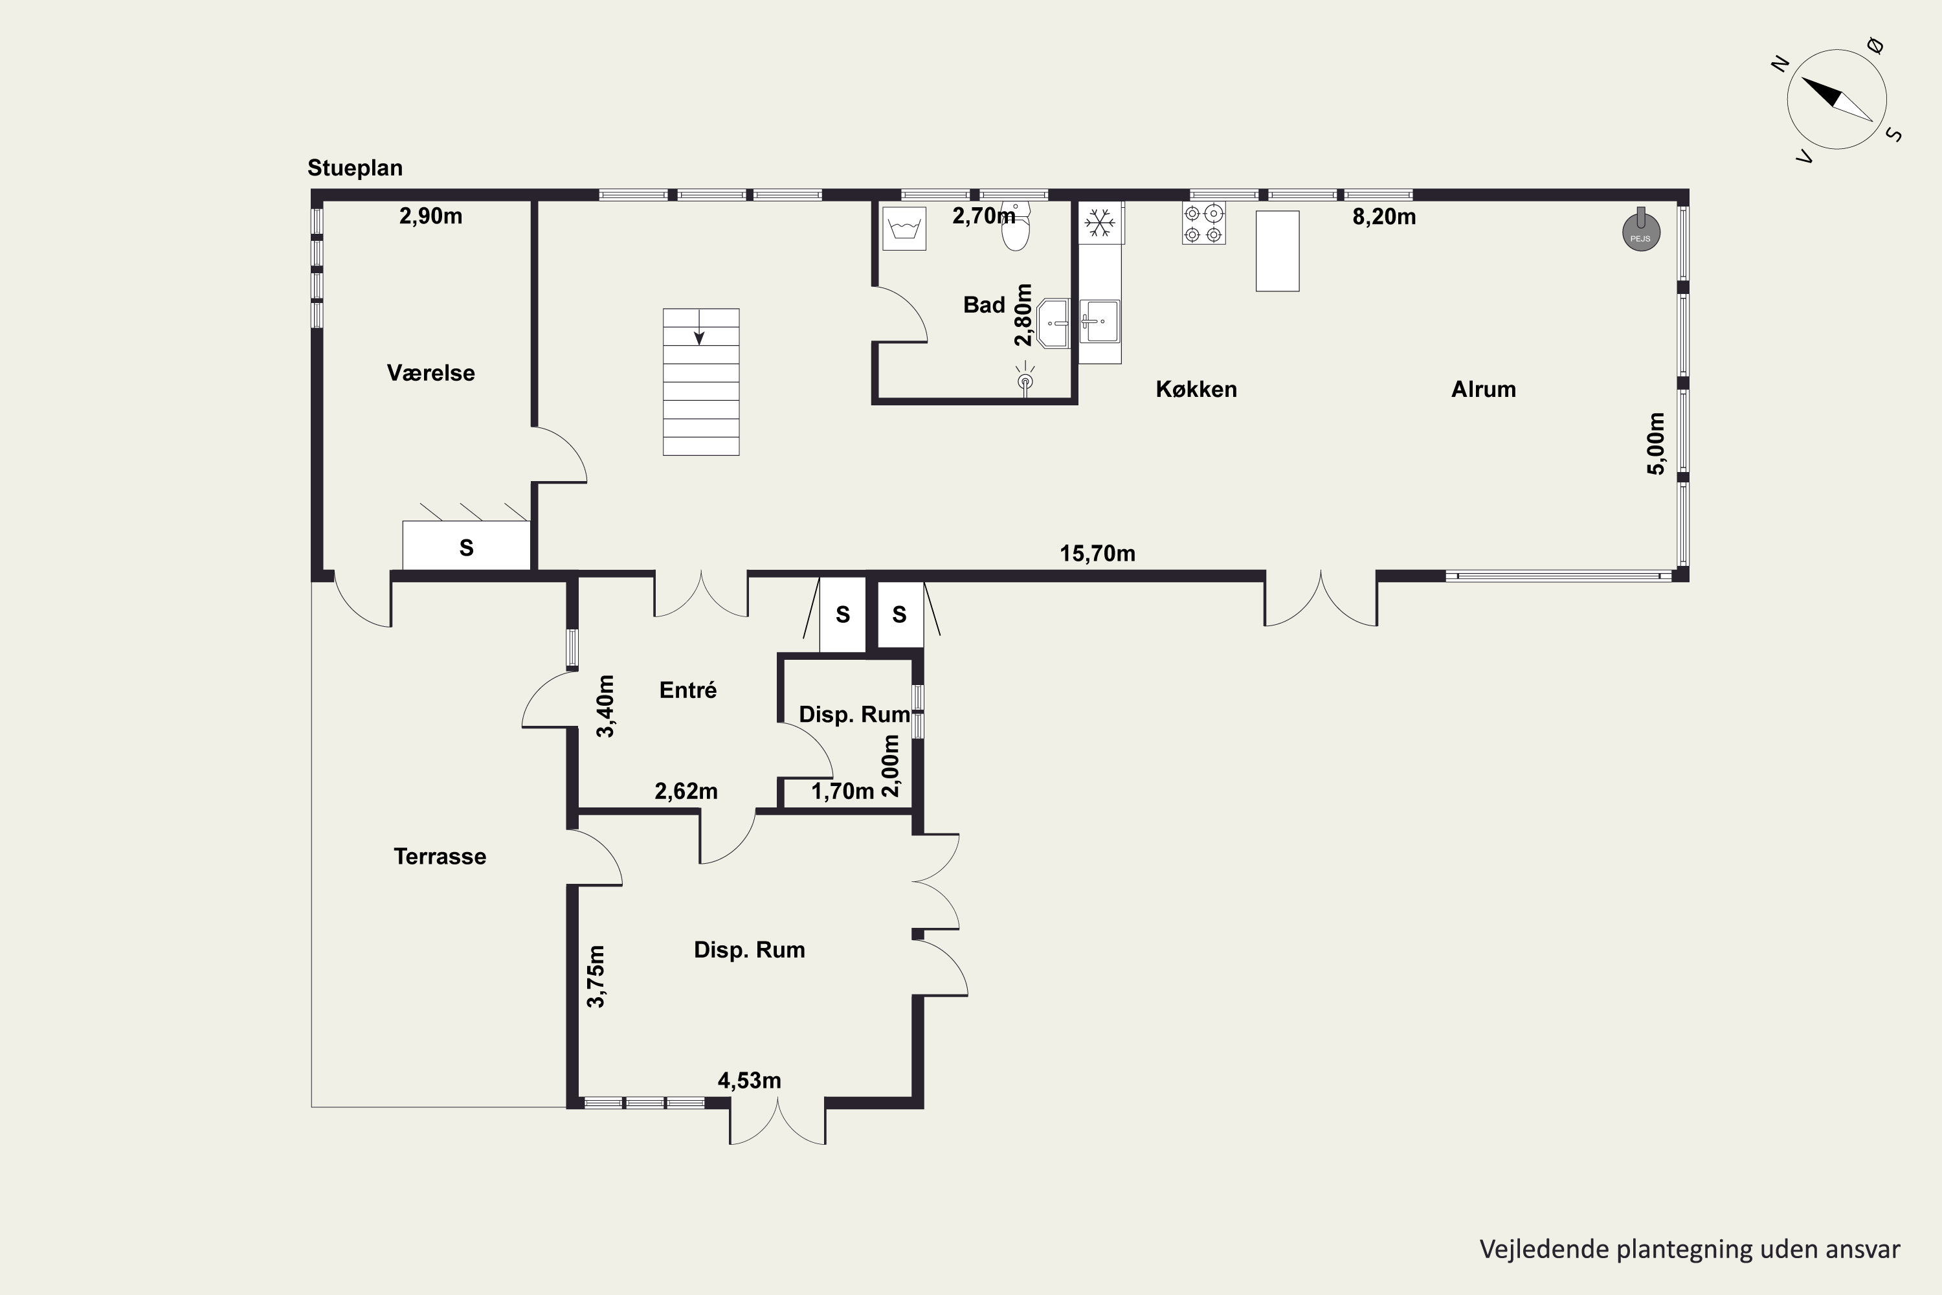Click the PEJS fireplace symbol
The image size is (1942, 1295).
pos(1640,231)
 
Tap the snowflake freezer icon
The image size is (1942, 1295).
pos(1100,222)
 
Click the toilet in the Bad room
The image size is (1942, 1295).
pos(1016,225)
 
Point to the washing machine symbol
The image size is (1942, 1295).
pos(904,228)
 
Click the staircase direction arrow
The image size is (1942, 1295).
pos(699,327)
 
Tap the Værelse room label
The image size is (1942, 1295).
pos(431,372)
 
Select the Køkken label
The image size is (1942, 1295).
pos(1196,389)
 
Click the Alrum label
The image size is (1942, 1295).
pos(1484,389)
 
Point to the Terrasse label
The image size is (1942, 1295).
pos(440,857)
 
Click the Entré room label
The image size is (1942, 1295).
pos(687,690)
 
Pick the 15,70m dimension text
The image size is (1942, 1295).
pos(1097,554)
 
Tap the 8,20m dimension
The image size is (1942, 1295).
pos(1384,216)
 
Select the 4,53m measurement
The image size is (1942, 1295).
pos(749,1080)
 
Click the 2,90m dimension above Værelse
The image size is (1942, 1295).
pos(431,216)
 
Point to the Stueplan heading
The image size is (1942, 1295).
pos(355,168)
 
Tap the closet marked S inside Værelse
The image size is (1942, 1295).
pos(467,545)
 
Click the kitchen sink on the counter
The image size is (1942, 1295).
pos(1100,321)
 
